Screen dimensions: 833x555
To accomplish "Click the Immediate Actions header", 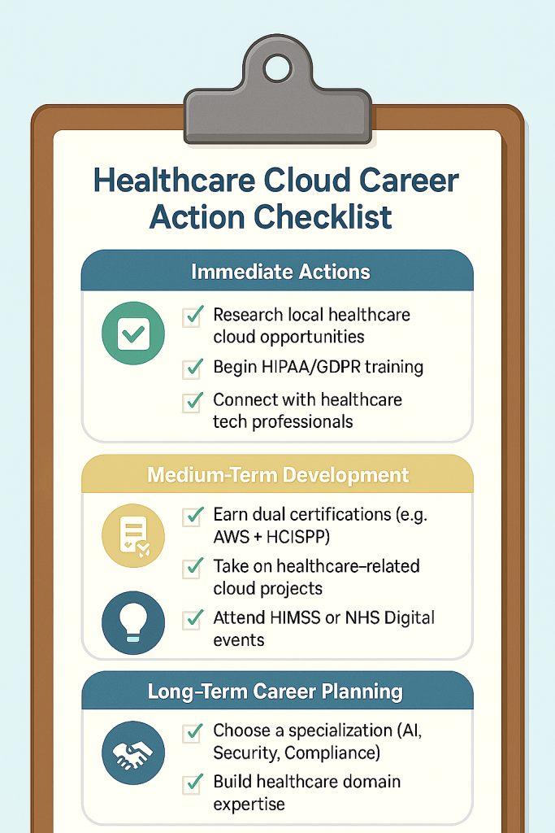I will pyautogui.click(x=277, y=271).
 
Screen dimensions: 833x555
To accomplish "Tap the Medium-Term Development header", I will pyautogui.click(x=277, y=474).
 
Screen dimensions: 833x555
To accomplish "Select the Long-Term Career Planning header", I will pyautogui.click(x=277, y=692).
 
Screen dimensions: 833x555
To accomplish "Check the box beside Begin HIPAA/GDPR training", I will pyautogui.click(x=193, y=368).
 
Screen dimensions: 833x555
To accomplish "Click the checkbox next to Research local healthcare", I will pyautogui.click(x=193, y=316).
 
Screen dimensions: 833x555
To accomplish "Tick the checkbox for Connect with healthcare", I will pyautogui.click(x=193, y=401).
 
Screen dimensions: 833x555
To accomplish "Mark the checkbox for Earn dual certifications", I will pyautogui.click(x=193, y=515).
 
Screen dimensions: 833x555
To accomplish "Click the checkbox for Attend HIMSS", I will pyautogui.click(x=193, y=618).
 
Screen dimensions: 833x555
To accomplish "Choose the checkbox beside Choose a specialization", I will pyautogui.click(x=193, y=732).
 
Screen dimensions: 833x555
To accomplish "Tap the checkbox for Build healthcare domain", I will pyautogui.click(x=193, y=783).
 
